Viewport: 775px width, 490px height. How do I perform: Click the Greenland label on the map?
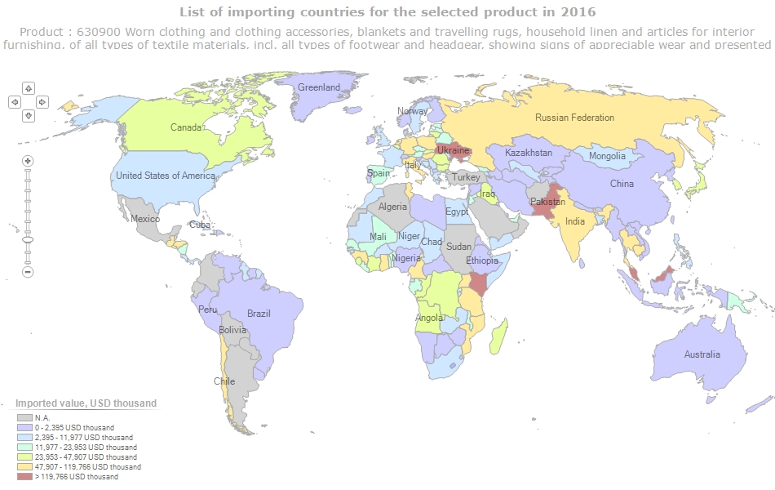click(319, 87)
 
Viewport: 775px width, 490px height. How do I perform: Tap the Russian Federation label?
click(574, 118)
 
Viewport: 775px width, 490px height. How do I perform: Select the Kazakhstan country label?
click(529, 153)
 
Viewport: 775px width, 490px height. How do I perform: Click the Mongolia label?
click(607, 156)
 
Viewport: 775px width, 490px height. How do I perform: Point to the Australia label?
click(702, 354)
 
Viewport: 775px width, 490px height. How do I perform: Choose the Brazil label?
click(259, 314)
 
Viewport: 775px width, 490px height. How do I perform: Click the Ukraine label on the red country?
click(453, 150)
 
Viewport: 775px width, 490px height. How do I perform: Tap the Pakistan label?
click(547, 202)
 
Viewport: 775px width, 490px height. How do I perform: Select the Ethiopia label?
click(482, 261)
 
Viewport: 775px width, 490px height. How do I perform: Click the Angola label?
click(429, 318)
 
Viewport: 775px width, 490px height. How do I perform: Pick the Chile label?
click(224, 381)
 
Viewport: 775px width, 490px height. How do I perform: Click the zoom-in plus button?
click(28, 161)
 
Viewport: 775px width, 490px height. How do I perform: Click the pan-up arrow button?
click(29, 87)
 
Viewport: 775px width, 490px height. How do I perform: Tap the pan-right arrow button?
click(42, 102)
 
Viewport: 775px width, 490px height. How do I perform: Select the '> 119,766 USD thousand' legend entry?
click(75, 477)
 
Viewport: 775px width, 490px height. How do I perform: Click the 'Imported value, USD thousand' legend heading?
click(86, 403)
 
